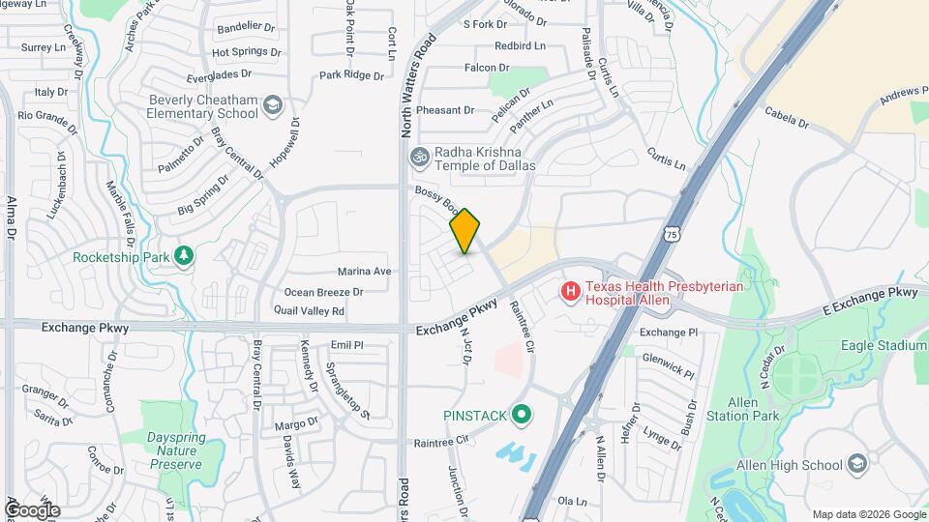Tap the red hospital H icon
pyautogui.click(x=571, y=290)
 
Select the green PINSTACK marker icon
pyautogui.click(x=523, y=416)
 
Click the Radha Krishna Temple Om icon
pyautogui.click(x=420, y=156)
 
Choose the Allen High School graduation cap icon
pyautogui.click(x=856, y=465)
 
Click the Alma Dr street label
pyautogui.click(x=12, y=218)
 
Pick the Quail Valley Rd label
pyautogui.click(x=309, y=311)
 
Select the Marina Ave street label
pyautogui.click(x=364, y=272)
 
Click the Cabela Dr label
pyautogui.click(x=786, y=118)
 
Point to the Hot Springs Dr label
pyautogui.click(x=246, y=52)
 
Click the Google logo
pyautogui.click(x=32, y=509)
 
